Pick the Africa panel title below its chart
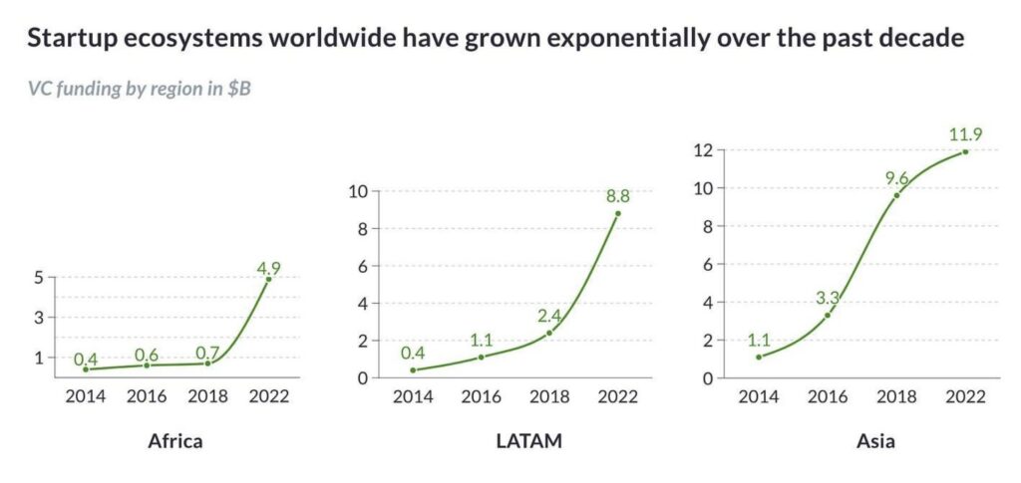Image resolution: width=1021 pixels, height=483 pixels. (175, 440)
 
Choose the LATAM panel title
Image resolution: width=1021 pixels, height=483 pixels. (514, 440)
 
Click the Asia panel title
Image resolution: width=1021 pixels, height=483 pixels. (861, 440)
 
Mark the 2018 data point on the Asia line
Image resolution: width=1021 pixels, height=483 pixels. (896, 195)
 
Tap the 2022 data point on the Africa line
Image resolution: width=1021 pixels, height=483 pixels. (268, 280)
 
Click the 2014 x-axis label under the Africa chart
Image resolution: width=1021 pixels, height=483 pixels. (85, 395)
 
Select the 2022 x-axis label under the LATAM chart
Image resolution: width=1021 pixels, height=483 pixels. (618, 395)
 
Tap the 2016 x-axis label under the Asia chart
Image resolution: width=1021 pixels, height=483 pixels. (827, 395)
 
